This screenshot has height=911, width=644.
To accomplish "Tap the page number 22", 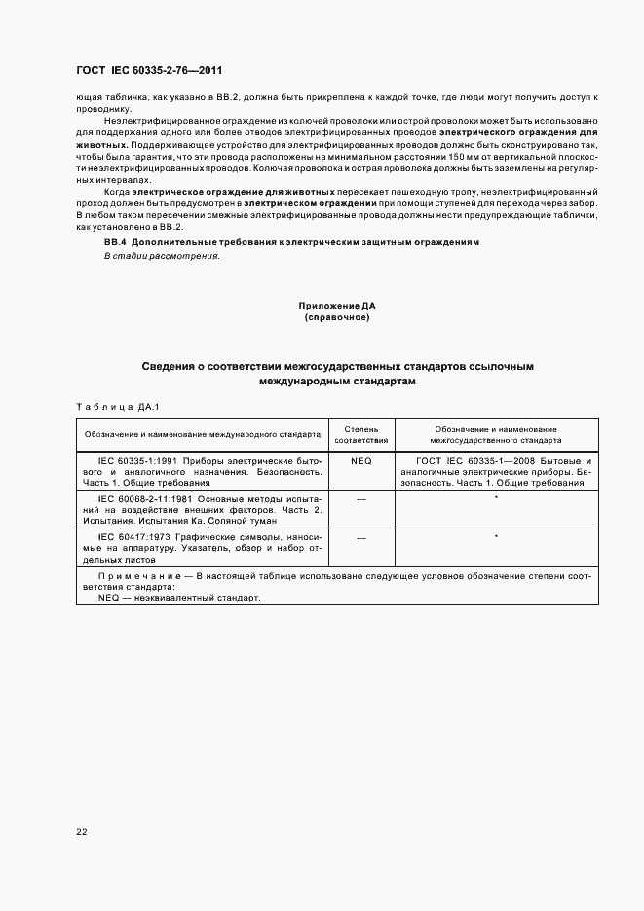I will [81, 830].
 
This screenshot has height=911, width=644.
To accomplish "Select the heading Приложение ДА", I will [336, 306].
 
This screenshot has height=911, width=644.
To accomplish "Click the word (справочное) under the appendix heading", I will [336, 317].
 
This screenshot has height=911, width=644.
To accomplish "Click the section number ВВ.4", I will [115, 240].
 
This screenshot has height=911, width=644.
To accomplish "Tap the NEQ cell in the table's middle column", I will [361, 459].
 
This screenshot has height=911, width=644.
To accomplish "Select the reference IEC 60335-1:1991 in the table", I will [134, 459].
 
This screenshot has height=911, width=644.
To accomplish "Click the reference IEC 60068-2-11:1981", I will [141, 497].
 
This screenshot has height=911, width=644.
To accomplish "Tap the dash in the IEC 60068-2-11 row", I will [361, 497].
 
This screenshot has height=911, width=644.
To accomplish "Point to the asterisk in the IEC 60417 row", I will [496, 536].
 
